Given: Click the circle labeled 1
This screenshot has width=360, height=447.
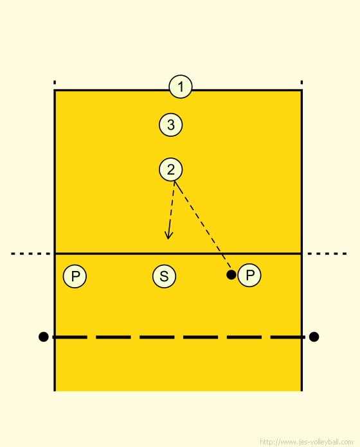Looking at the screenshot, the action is pos(181,86).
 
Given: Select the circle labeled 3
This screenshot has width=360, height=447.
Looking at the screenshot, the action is pos(170,125).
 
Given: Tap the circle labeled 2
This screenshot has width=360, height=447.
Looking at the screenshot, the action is pos(170,170).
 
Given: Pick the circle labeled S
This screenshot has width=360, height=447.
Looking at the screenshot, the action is pos(164,276).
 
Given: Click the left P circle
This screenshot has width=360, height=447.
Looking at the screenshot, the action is pos(75,276).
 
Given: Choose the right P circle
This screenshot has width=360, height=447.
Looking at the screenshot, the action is pos(249,275).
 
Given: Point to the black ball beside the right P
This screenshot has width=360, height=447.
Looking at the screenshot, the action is pos(231,275).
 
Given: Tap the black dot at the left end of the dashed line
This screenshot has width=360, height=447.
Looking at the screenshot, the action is pos(43,337).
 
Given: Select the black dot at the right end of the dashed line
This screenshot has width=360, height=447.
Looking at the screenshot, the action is pos(314,337).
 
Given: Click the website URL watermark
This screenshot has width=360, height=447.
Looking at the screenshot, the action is pos(307,442).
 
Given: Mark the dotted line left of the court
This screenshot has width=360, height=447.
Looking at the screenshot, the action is pos(30,254).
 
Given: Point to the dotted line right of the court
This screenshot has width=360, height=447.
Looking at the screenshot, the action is pos(327,254).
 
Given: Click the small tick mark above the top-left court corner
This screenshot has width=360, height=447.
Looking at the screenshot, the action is pos(55,82).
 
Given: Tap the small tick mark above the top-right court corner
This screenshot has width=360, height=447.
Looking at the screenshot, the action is pos(301,82).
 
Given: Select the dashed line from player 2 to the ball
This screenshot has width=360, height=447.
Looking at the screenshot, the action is pos(203,225).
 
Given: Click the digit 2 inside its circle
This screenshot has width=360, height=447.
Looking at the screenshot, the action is pos(170,170).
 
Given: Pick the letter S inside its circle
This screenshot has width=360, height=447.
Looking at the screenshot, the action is pos(164,276).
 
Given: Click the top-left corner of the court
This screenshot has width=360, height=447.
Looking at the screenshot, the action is pos(55,91).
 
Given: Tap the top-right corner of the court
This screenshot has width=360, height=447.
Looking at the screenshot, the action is pos(301,91).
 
